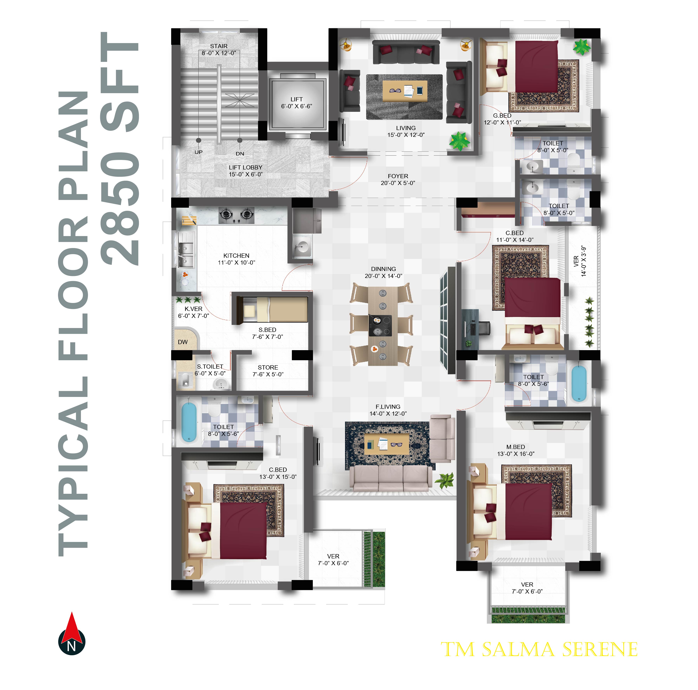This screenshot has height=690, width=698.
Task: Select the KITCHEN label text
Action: tap(236, 256)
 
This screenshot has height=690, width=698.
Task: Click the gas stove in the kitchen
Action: tap(236, 215)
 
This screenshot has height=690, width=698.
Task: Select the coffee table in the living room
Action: tap(405, 91)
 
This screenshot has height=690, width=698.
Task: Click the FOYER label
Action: tap(398, 176)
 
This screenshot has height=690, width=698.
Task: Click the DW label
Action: tap(183, 342)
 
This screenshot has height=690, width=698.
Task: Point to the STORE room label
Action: tap(268, 367)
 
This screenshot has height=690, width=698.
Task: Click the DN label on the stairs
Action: tap(240, 154)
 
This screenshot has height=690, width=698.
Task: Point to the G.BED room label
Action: tap(502, 116)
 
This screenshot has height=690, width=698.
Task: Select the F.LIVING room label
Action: tap(388, 407)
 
